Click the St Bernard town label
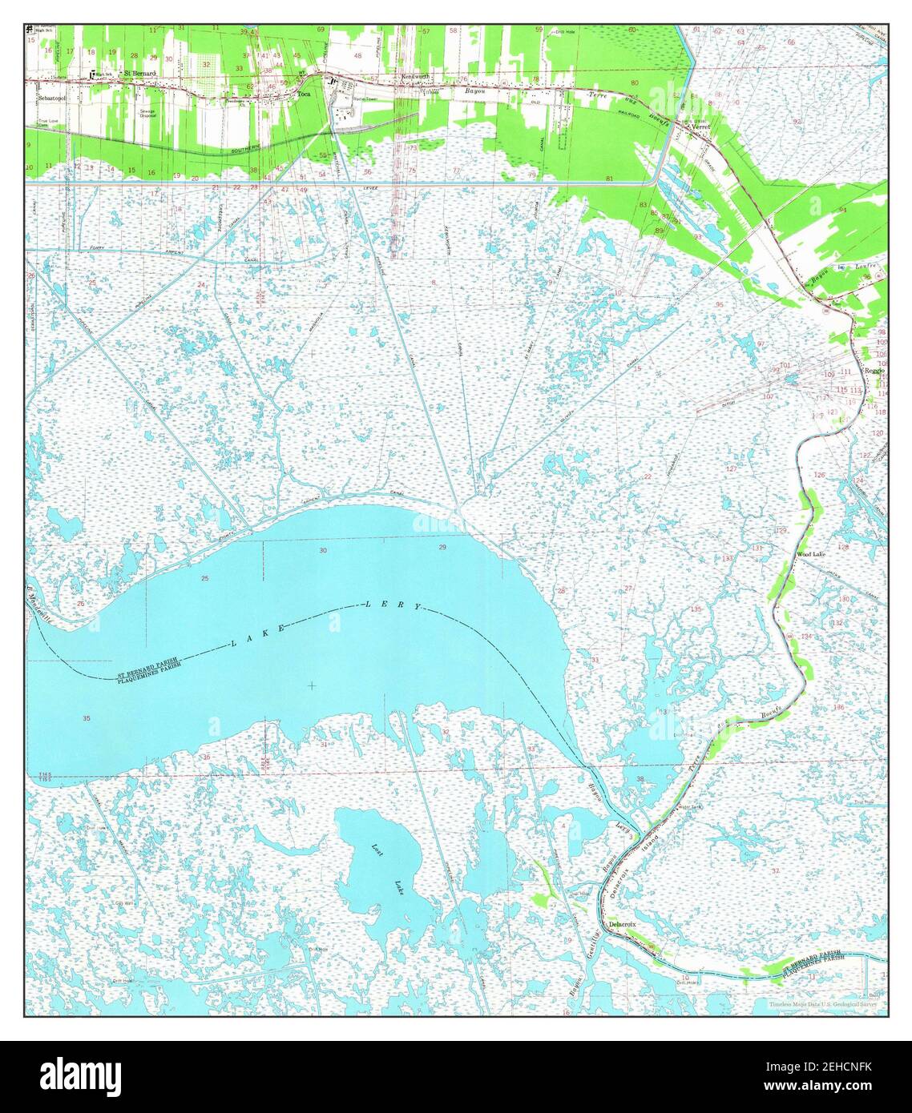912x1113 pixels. (x=139, y=73)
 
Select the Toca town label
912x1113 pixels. (x=304, y=94)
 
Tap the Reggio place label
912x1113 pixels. (x=874, y=371)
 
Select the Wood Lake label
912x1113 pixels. (x=810, y=554)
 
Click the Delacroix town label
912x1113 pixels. (x=623, y=924)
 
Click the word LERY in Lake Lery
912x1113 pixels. (x=393, y=605)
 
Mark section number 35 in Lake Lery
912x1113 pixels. (x=86, y=718)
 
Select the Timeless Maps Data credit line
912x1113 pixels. (x=822, y=1004)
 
